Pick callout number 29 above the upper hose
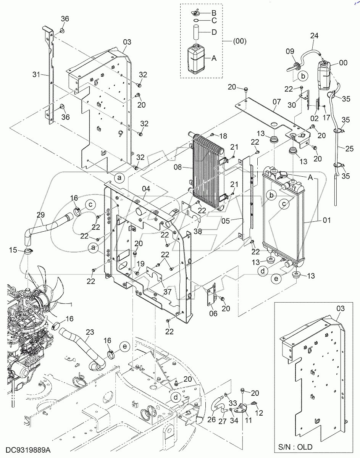(40, 216)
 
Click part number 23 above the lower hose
(89, 332)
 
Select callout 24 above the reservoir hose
(314, 36)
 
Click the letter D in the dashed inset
(214, 32)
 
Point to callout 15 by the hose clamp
(13, 250)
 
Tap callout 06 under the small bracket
(213, 313)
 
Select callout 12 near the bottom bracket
(259, 413)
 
